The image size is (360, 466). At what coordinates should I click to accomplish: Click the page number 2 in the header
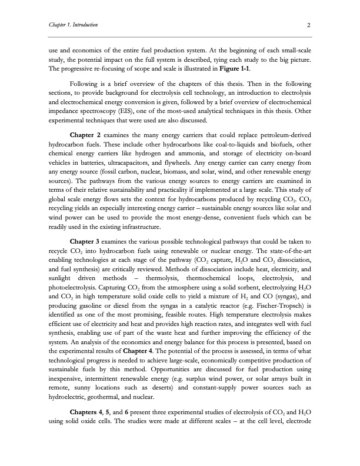pyautogui.click(x=308, y=25)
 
